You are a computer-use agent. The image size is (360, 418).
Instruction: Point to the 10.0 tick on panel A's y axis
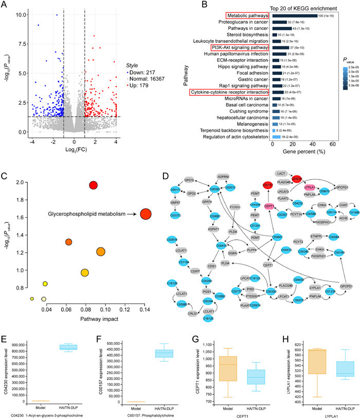click(19, 14)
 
